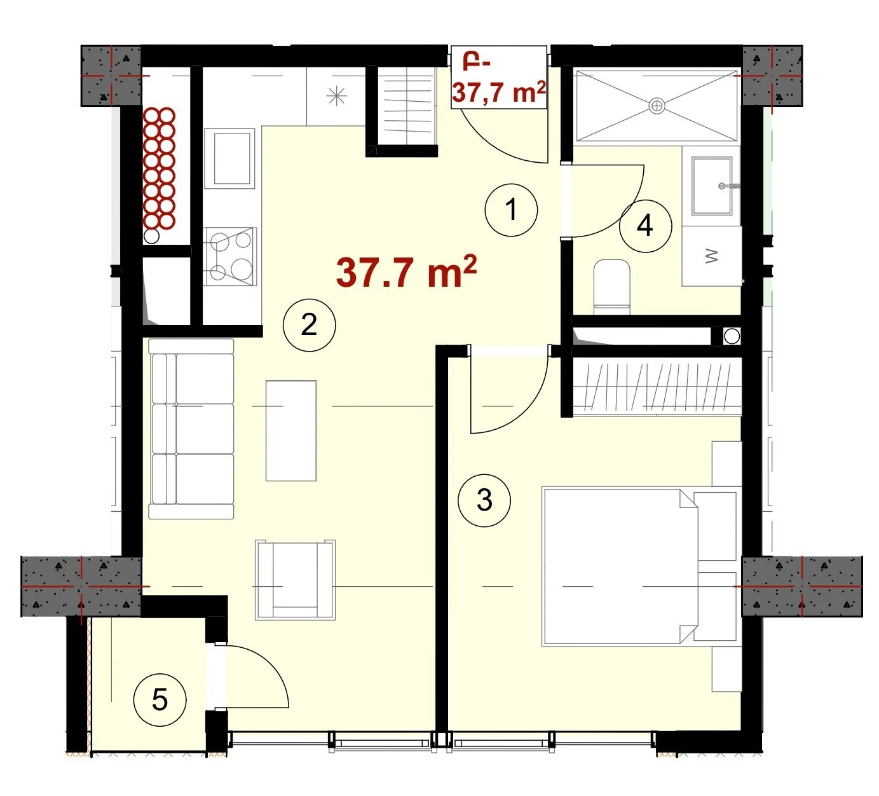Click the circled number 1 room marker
coord(511,210)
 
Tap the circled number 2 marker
coord(310,326)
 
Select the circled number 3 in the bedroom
coord(484,500)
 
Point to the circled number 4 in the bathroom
coord(646,226)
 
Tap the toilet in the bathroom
coord(611,287)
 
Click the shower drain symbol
coord(657,106)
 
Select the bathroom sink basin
coord(712,186)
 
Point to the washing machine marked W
coord(712,256)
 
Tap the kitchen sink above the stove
coord(229,159)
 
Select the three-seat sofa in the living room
coord(191,429)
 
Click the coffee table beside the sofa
coord(291,431)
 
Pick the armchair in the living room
coord(296,580)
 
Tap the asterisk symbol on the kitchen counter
coord(336,97)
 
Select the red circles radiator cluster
coord(160,168)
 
